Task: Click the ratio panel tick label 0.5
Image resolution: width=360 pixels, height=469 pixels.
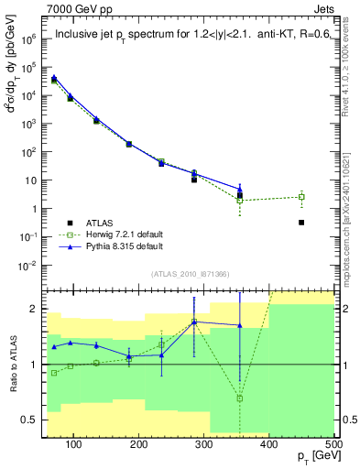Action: (x=31, y=420)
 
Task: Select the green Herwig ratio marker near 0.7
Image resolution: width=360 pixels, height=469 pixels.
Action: (x=240, y=398)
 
